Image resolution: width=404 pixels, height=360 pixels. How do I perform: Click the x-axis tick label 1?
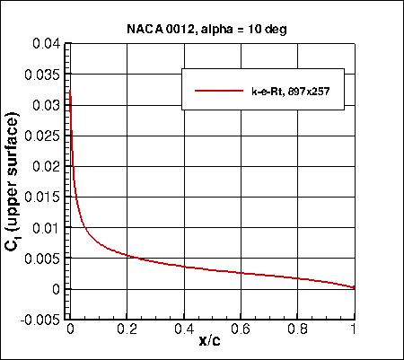click(x=355, y=329)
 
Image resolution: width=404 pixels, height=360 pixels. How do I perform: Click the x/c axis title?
click(x=212, y=344)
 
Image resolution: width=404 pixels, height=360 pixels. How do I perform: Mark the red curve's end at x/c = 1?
click(x=355, y=287)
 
